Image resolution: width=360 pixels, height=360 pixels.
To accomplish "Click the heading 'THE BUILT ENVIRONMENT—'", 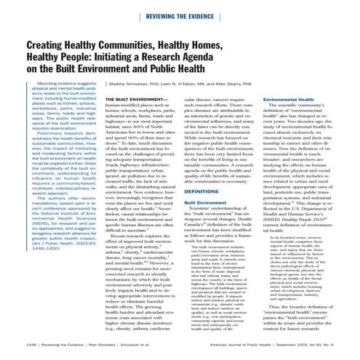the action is click(x=132, y=117).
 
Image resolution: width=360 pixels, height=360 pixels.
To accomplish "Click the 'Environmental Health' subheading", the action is click(x=295, y=117).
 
